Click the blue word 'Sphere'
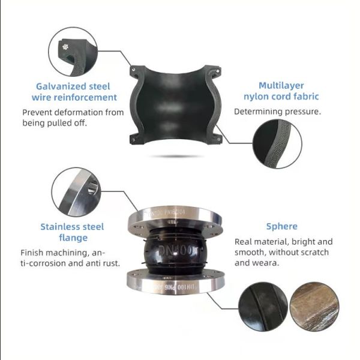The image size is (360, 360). (281, 226)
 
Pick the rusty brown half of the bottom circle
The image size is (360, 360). (314, 306)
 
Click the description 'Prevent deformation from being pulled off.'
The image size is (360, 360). (73, 118)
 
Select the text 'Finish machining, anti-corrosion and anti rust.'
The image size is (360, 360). (70, 257)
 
